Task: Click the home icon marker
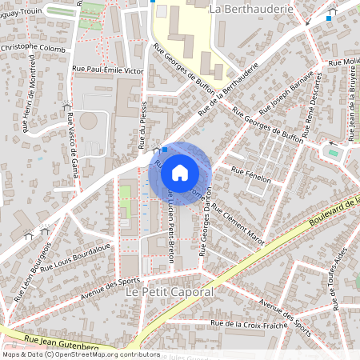(x=180, y=172)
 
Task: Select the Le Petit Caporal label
(x=170, y=293)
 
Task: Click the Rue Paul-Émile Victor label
(x=107, y=70)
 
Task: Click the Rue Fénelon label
(x=251, y=175)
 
